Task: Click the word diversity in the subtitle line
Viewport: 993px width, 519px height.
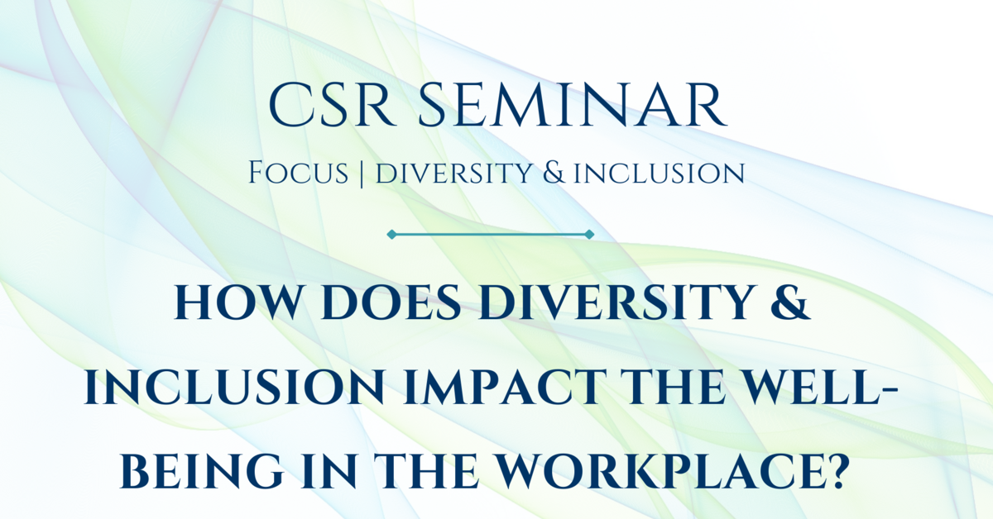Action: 438,174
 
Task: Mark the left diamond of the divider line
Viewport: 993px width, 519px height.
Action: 391,235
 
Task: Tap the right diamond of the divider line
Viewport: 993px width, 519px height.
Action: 589,235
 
